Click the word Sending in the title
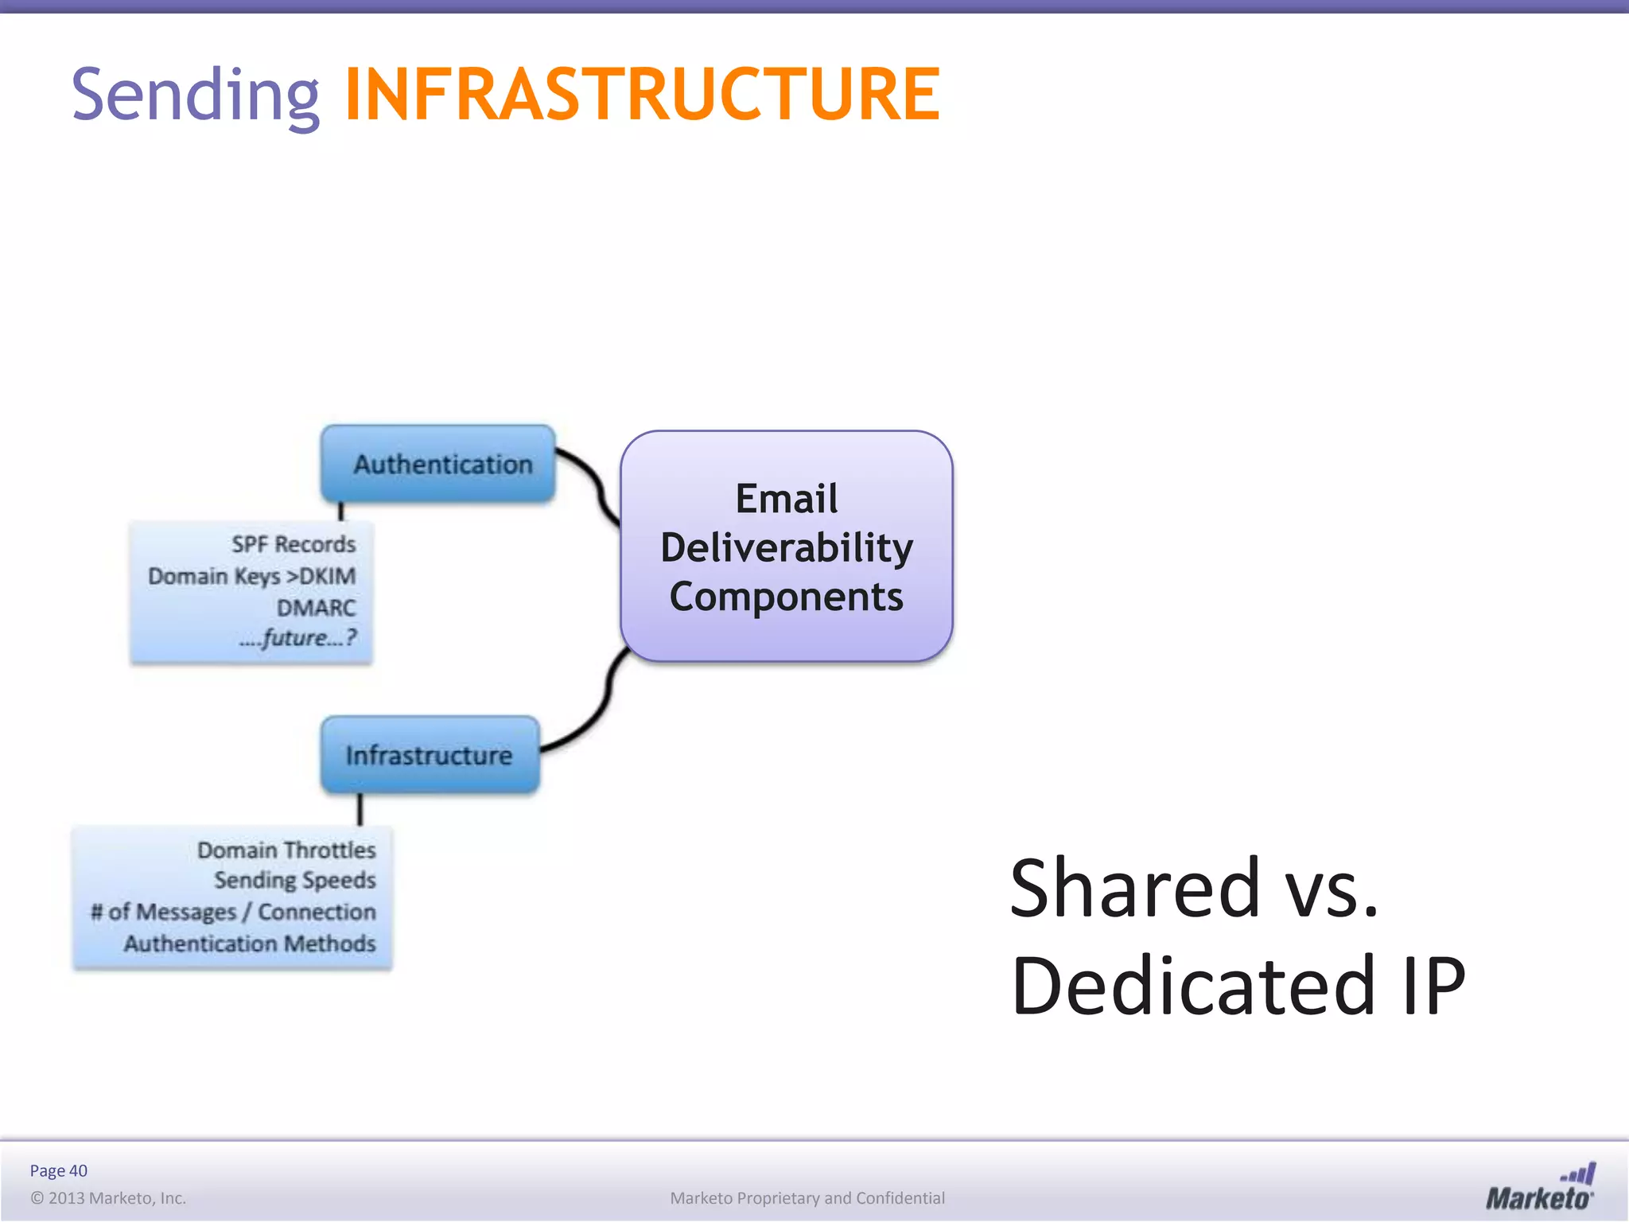(x=195, y=95)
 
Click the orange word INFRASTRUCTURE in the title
(x=641, y=95)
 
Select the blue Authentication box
(x=438, y=464)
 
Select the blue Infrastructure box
(x=430, y=755)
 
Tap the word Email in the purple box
(x=786, y=499)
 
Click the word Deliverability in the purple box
(x=786, y=548)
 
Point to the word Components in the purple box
(x=786, y=597)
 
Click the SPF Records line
(x=294, y=545)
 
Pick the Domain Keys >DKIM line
(x=251, y=576)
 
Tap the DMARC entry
(x=316, y=608)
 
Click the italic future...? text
(x=298, y=638)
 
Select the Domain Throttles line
(x=286, y=850)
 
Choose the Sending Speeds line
(x=294, y=881)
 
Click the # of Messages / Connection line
(x=233, y=912)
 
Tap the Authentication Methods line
(x=249, y=944)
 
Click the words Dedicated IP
(x=1237, y=987)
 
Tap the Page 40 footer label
(x=58, y=1170)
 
